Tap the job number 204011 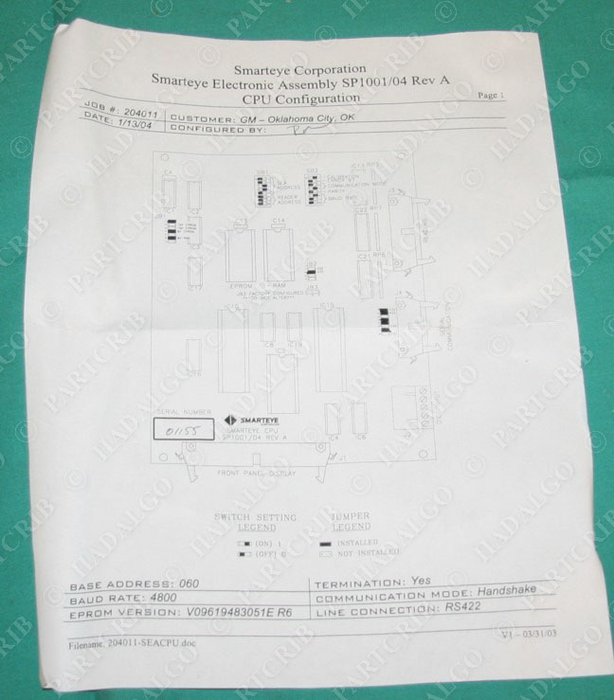click(x=136, y=108)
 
